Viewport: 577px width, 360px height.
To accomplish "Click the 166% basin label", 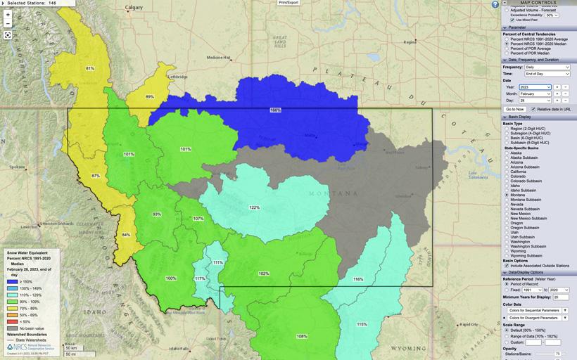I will [x=275, y=110].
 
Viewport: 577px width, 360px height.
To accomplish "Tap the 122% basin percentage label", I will [x=254, y=207].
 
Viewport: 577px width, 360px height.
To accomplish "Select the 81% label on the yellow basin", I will [x=89, y=68].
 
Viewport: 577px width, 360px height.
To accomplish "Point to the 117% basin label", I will [x=200, y=278].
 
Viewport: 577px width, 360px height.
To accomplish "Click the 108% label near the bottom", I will [x=301, y=336].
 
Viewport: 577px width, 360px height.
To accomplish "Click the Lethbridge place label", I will [x=177, y=76].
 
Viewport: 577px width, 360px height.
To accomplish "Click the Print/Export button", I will [x=288, y=3].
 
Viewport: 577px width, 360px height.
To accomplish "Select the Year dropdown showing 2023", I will [x=535, y=87].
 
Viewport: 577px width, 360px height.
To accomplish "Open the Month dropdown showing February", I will [x=535, y=94].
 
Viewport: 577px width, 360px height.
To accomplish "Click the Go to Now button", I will [x=514, y=110].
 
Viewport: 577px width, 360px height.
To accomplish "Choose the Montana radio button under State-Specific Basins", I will [x=507, y=195].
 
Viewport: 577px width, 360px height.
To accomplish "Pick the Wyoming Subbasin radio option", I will [x=507, y=255].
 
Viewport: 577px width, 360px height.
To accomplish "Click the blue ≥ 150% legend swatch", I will [x=11, y=282].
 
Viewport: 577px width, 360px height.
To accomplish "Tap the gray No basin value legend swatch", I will [x=11, y=328].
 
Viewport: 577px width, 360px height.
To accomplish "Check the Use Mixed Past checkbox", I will [x=512, y=20].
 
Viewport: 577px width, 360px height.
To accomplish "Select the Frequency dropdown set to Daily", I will [x=546, y=67].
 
